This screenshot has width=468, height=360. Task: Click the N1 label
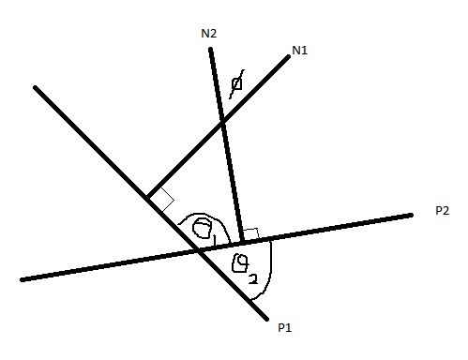300,51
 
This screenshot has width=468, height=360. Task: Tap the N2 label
208,34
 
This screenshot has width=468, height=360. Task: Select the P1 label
285,326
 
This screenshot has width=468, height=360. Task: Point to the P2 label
444,211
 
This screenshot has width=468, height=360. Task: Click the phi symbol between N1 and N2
237,82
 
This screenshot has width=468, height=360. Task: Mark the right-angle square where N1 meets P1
162,199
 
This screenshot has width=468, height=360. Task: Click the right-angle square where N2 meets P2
250,232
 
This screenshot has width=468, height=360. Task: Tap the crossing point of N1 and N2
222,123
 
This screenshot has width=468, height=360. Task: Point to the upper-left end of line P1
36,88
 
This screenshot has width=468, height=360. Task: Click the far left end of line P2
22,279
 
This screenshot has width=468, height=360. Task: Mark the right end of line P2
412,216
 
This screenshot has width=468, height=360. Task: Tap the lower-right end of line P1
265,315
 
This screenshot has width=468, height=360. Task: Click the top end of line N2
210,49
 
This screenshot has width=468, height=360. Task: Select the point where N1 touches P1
148,197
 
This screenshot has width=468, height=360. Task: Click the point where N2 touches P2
243,242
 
